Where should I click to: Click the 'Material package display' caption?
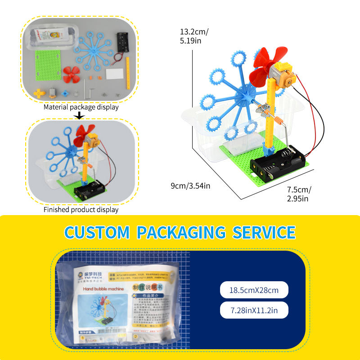coord(81,107)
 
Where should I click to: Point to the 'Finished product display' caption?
coord(81,210)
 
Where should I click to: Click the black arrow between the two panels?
coord(80,116)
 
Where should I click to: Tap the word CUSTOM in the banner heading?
coord(96,233)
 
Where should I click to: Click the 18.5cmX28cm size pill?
coord(255,290)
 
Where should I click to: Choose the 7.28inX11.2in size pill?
coord(255,310)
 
